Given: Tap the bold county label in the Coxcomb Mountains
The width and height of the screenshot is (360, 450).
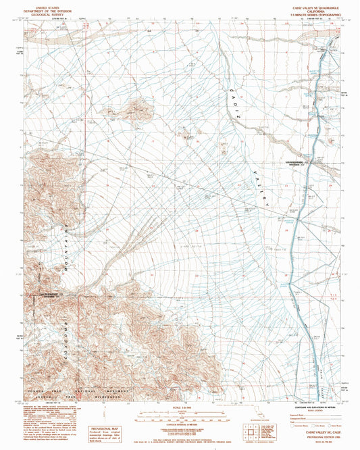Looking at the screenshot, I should tap(53, 293).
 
